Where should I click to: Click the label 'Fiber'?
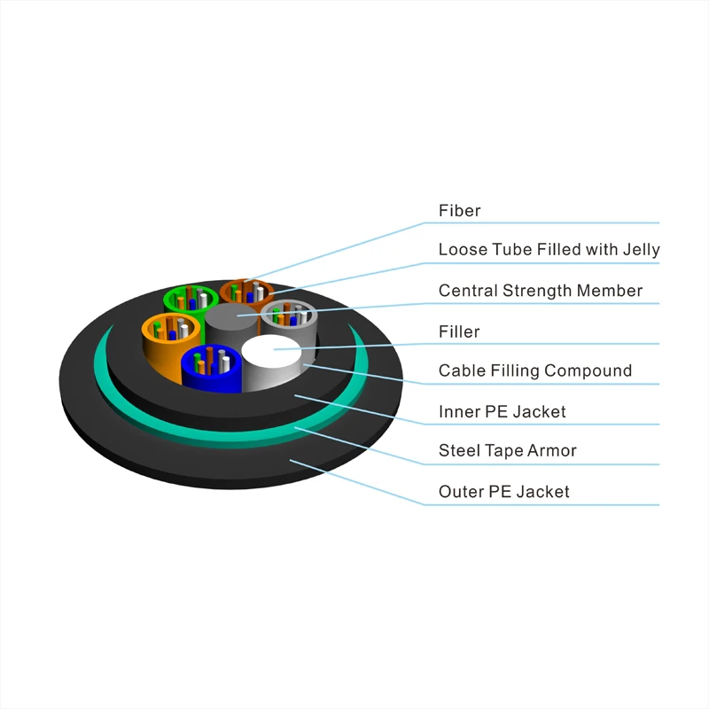(459, 211)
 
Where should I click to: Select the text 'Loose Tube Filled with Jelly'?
(549, 250)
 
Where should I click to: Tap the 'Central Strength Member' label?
(540, 291)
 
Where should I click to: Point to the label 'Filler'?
(459, 331)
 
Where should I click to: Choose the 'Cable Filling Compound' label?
(534, 370)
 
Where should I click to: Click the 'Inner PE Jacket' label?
(502, 411)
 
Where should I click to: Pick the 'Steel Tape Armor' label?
(507, 450)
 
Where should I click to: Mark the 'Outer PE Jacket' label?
(503, 491)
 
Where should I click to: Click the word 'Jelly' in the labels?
(640, 250)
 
